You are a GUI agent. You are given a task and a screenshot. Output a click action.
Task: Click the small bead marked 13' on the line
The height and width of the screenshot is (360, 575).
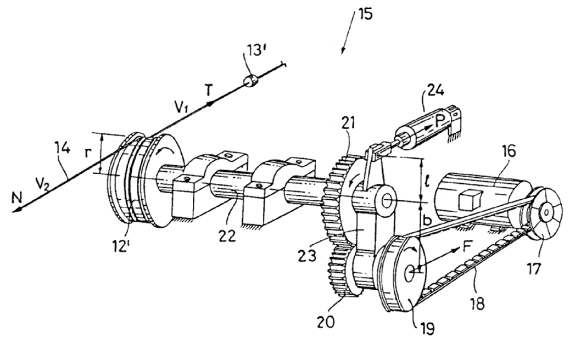pyautogui.click(x=250, y=81)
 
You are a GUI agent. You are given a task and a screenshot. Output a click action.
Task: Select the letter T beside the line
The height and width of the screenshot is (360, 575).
pyautogui.click(x=208, y=91)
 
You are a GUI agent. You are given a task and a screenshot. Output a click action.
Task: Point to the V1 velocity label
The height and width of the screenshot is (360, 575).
pyautogui.click(x=181, y=106)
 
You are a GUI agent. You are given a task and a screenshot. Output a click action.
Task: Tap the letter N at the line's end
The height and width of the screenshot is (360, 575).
pyautogui.click(x=16, y=199)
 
